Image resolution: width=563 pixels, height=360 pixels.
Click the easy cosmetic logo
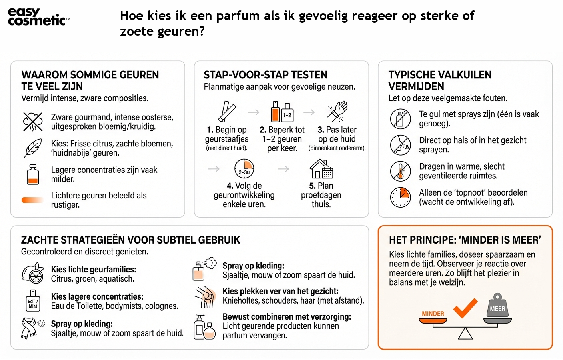pos(38,17)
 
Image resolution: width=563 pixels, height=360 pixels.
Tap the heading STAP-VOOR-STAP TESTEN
pos(266,75)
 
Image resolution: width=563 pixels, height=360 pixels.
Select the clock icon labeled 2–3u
pos(244,169)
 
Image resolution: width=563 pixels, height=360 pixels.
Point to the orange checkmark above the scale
pos(465,308)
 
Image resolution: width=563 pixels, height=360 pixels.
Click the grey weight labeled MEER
pos(497,306)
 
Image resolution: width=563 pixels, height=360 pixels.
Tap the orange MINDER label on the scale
pos(433,314)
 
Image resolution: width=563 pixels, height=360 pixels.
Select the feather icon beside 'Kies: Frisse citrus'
pos(33,148)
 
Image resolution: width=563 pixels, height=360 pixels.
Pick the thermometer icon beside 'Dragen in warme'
pos(401,171)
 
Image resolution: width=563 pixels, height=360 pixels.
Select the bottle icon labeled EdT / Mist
pos(33,301)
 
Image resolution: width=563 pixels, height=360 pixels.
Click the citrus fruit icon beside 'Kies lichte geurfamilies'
pos(33,274)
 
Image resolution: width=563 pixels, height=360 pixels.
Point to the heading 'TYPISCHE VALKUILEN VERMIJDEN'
pos(440,80)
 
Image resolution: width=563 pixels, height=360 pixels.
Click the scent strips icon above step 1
pos(227,112)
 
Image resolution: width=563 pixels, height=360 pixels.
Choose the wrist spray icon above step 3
pos(337,112)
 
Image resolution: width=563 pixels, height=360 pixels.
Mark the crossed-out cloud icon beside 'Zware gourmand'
pos(33,122)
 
